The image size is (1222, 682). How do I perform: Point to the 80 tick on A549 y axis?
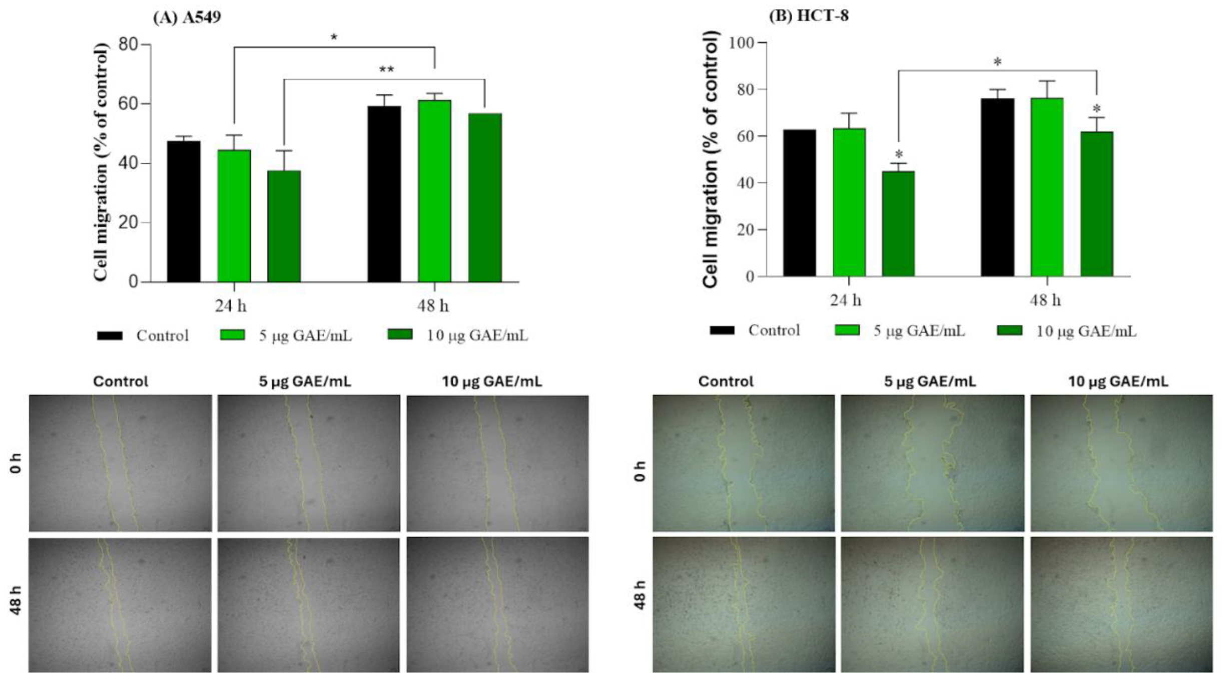click(x=128, y=45)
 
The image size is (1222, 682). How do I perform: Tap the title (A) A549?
click(x=187, y=18)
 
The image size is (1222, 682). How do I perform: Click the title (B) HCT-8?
click(x=809, y=16)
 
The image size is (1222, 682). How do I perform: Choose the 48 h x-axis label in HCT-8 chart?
click(x=1045, y=300)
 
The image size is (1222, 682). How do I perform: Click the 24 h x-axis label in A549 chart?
click(x=231, y=305)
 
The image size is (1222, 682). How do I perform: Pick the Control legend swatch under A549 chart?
click(x=110, y=335)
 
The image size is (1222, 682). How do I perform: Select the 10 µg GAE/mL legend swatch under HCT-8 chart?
click(x=1009, y=330)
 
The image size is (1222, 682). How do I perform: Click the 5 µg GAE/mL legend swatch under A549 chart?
click(x=233, y=335)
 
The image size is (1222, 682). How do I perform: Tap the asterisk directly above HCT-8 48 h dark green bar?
click(x=1096, y=109)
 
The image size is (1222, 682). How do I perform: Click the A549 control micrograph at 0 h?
click(x=120, y=463)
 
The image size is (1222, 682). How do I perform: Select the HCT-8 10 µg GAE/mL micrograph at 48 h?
click(x=1121, y=604)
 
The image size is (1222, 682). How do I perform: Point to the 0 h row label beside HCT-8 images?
click(x=640, y=471)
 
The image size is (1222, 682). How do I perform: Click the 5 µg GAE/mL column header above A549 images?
click(x=305, y=382)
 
